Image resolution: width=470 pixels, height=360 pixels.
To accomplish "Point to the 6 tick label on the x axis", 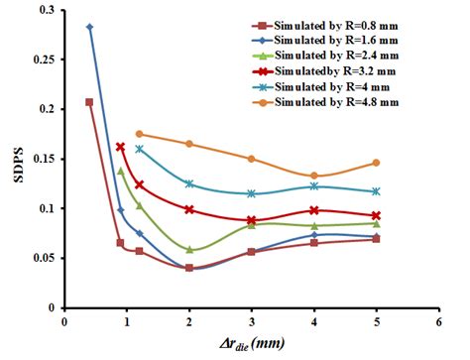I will pyautogui.click(x=437, y=321).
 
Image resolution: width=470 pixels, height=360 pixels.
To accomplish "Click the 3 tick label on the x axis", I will pyautogui.click(x=251, y=321).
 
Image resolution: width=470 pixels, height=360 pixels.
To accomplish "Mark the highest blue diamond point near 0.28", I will pyautogui.click(x=90, y=28).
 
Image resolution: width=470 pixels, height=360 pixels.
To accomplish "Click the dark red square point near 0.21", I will pyautogui.click(x=90, y=102).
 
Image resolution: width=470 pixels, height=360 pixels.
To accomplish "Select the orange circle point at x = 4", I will pyautogui.click(x=313, y=176).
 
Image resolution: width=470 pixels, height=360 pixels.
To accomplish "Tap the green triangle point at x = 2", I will pyautogui.click(x=189, y=250).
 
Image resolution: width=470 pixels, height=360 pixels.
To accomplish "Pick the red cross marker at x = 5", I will pyautogui.click(x=376, y=215).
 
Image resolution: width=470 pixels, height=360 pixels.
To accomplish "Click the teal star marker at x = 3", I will pyautogui.click(x=251, y=193).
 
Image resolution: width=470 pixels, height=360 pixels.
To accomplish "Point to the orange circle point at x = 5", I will pyautogui.click(x=376, y=163).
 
